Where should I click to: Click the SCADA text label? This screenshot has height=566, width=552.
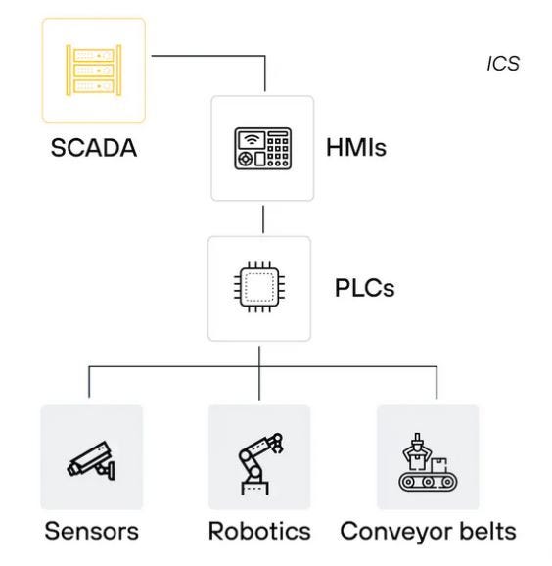pyautogui.click(x=94, y=148)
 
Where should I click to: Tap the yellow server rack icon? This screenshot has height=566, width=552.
pyautogui.click(x=94, y=71)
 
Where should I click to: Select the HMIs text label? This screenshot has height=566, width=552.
pyautogui.click(x=356, y=147)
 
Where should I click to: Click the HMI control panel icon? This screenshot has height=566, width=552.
pyautogui.click(x=262, y=149)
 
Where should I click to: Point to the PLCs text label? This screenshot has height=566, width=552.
pyautogui.click(x=365, y=288)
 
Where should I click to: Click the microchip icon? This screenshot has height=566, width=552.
pyautogui.click(x=259, y=287)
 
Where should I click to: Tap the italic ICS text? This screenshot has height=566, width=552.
pyautogui.click(x=503, y=64)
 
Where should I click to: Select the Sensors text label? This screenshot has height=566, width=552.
pyautogui.click(x=92, y=531)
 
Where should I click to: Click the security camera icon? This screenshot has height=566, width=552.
pyautogui.click(x=92, y=460)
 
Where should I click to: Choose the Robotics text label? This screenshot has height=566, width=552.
pyautogui.click(x=259, y=531)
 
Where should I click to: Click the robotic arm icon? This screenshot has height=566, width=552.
pyautogui.click(x=260, y=463)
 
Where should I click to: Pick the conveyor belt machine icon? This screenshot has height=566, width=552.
pyautogui.click(x=428, y=462)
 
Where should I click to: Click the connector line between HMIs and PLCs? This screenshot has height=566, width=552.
pyautogui.click(x=263, y=219)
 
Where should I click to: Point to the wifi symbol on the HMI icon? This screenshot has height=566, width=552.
pyautogui.click(x=252, y=140)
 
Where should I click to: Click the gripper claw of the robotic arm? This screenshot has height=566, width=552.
pyautogui.click(x=277, y=444)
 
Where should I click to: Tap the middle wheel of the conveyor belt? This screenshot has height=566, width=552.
pyautogui.click(x=428, y=482)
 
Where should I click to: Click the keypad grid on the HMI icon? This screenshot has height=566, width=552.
pyautogui.click(x=278, y=152)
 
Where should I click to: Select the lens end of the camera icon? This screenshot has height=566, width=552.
pyautogui.click(x=72, y=469)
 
